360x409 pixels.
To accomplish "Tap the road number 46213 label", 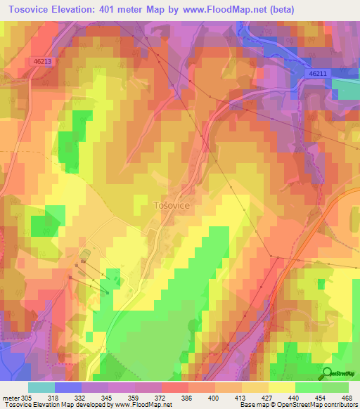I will tap(41, 62).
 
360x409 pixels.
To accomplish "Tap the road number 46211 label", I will tap(318, 73).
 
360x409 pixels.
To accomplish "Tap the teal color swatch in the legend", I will tap(41, 387).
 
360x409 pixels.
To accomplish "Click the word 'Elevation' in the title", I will tap(75, 9).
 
